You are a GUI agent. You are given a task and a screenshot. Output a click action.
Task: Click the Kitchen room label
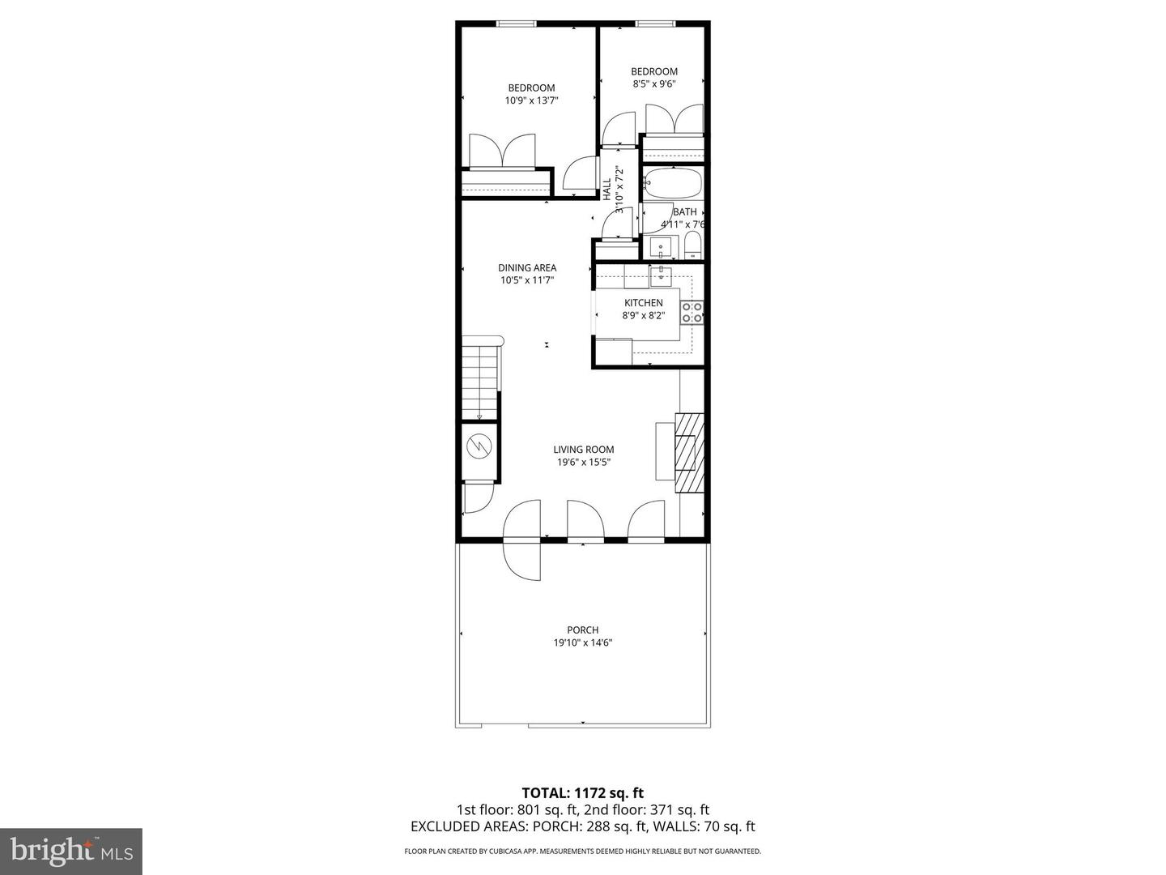(643, 303)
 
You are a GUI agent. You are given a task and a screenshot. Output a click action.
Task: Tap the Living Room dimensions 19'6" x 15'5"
(583, 463)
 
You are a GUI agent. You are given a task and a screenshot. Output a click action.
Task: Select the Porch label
(582, 630)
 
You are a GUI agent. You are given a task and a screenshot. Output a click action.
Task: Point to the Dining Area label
(526, 268)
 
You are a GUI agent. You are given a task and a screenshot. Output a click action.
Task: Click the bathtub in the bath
(673, 183)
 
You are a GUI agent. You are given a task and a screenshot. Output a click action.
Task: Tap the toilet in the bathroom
(693, 245)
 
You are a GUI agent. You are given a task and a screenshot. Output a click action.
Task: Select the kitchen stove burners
(692, 312)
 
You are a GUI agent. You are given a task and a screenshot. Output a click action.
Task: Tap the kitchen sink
(662, 275)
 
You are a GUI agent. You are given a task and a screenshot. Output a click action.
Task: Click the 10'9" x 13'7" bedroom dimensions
(531, 100)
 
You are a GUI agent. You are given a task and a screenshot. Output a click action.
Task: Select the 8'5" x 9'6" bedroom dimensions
(653, 83)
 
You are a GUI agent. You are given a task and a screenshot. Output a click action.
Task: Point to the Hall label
(607, 189)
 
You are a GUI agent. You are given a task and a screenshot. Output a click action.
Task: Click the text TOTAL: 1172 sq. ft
(582, 792)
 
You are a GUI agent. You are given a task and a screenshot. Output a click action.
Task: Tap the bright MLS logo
(71, 851)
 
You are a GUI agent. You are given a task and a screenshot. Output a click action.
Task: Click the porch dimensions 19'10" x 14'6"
(582, 643)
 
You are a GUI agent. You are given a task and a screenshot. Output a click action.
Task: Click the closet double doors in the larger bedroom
(504, 152)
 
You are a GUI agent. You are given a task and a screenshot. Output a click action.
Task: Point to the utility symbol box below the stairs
(479, 446)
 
